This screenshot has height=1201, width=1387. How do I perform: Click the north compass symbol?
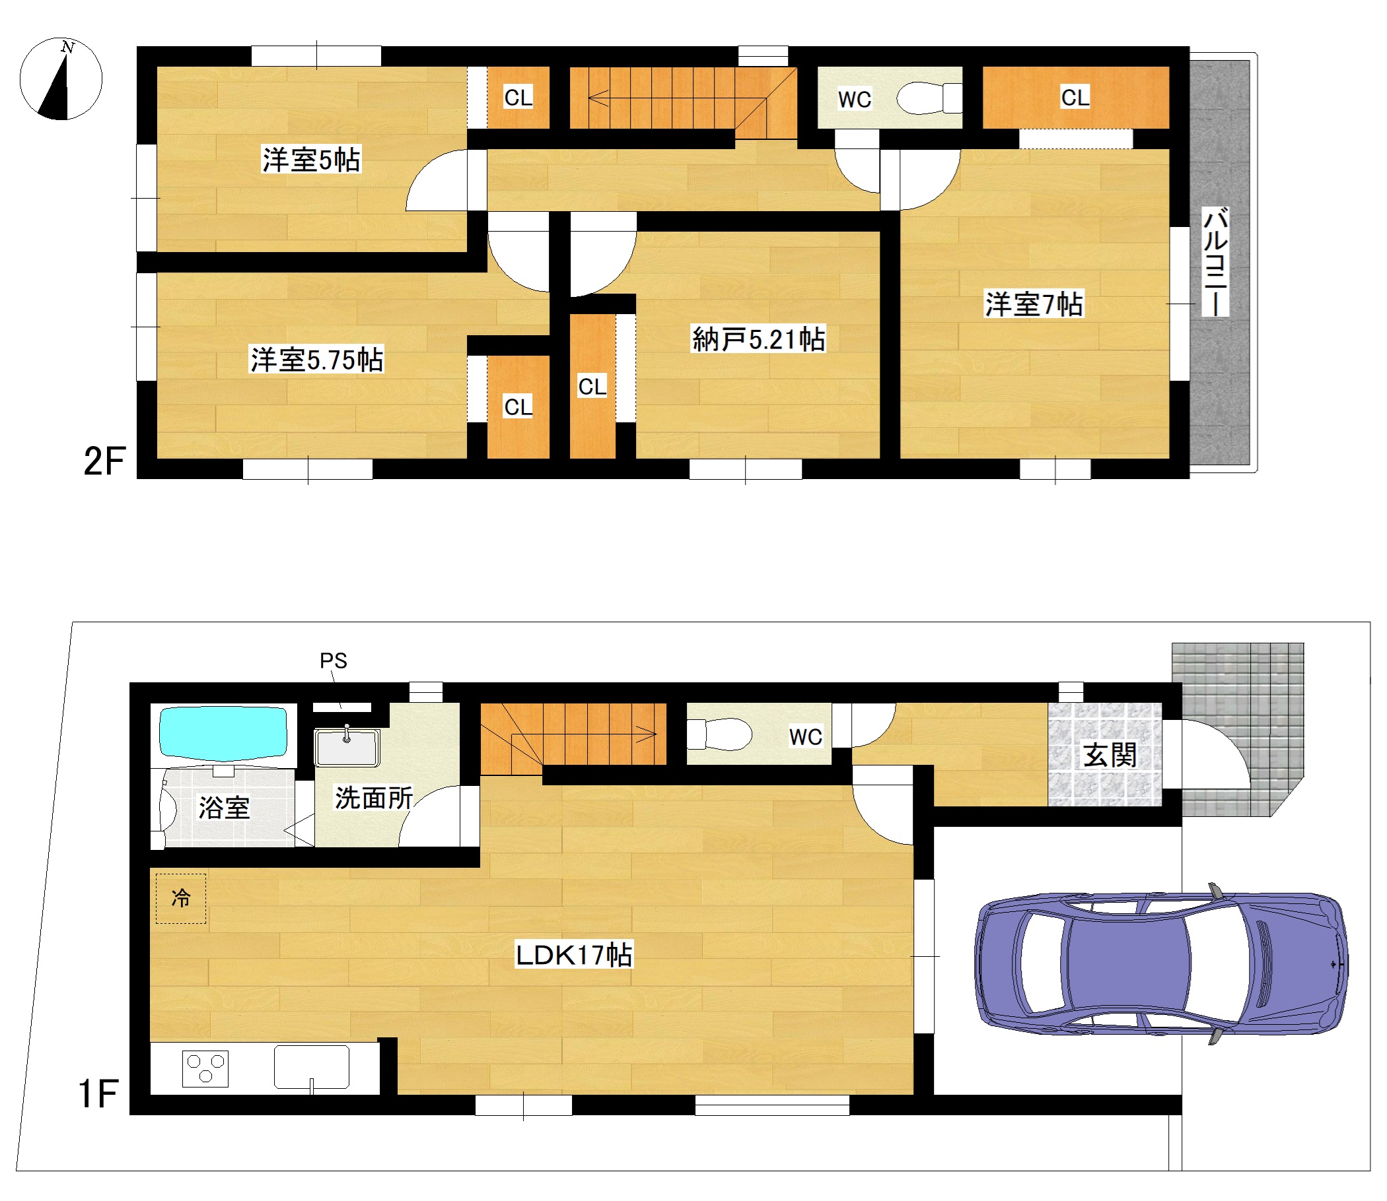tap(60, 79)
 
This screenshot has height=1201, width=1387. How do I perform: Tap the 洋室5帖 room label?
tap(311, 160)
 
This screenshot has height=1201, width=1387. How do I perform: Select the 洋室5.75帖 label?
tap(316, 360)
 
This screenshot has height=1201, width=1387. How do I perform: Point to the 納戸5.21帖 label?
tap(759, 339)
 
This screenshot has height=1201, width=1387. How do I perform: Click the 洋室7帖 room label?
tap(1034, 304)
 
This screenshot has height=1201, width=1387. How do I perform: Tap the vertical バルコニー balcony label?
tap(1215, 261)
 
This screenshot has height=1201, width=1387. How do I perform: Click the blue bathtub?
tap(223, 732)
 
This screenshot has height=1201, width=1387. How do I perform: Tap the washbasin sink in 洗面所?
tap(347, 746)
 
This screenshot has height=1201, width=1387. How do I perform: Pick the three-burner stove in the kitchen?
tap(205, 1069)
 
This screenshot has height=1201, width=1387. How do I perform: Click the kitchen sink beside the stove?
tap(311, 1068)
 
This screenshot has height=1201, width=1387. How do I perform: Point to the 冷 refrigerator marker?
tap(181, 898)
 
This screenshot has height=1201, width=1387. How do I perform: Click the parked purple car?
tap(1161, 963)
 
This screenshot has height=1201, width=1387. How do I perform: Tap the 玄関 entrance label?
tap(1110, 756)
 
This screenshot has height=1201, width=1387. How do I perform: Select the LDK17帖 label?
tap(573, 954)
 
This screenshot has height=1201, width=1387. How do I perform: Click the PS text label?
tap(334, 661)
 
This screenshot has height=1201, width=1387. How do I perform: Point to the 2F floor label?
tap(104, 461)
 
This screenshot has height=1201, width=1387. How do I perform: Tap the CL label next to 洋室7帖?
tap(1075, 97)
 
